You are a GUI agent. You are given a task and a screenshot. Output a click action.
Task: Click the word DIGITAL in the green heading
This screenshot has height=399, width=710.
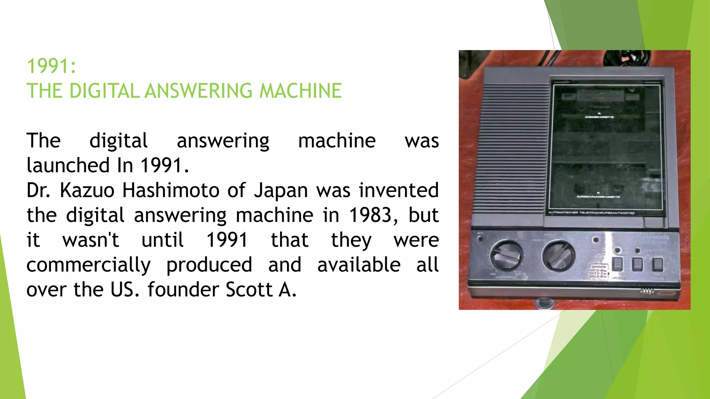click(x=104, y=91)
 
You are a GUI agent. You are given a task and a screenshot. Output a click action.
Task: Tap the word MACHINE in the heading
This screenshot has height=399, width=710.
click(x=300, y=91)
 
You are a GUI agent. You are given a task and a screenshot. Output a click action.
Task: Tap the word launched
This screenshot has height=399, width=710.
click(x=68, y=165)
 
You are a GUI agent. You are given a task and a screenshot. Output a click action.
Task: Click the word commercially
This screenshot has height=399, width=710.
click(x=88, y=265)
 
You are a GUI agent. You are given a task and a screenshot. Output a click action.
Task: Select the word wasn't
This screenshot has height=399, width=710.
click(x=91, y=240)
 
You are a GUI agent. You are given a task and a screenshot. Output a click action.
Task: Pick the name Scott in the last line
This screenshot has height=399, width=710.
click(x=249, y=290)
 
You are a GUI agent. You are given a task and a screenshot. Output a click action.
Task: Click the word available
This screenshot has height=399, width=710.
click(x=359, y=265)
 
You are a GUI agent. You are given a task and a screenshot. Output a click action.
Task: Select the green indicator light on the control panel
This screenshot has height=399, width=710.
click(x=617, y=250)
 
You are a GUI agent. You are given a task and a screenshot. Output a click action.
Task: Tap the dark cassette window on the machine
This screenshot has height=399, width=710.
click(x=606, y=149)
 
